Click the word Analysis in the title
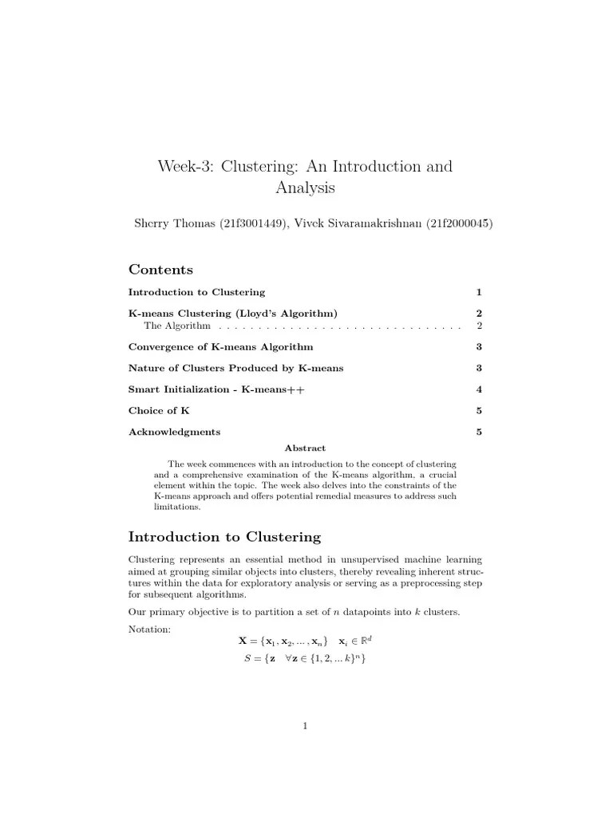pos(306,188)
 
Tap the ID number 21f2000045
pos(457,223)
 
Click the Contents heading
pos(160,270)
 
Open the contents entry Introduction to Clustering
pos(196,292)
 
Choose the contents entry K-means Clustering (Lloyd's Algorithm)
pos(227,314)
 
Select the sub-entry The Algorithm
pos(177,326)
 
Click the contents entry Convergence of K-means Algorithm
pos(220,347)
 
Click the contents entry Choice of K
pos(159,411)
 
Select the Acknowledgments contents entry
pos(174,432)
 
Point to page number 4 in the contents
pos(479,389)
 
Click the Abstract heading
pos(306,448)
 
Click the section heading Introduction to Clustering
pos(224,537)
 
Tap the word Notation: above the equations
pos(149,630)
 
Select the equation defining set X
pos(306,641)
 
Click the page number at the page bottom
pos(306,725)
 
